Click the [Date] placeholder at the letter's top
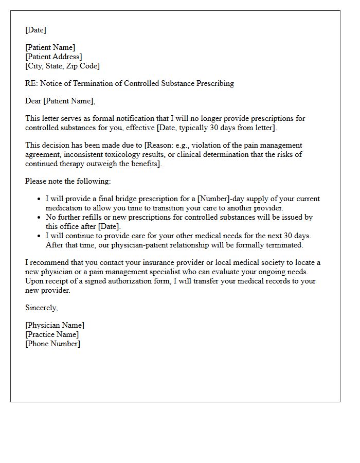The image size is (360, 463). coord(35,30)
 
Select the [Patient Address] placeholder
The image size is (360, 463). coord(53,57)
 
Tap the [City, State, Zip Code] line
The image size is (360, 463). coord(62,66)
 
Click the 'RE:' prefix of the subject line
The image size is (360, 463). coord(31,83)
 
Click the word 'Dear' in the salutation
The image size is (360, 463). coord(33,101)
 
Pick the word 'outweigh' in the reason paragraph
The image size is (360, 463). coord(115,164)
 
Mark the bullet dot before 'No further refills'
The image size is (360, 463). coord(39,217)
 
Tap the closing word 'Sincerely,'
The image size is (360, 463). coord(42,308)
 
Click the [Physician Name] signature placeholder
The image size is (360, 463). coord(55,325)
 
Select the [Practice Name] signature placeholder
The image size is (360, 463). coord(52,334)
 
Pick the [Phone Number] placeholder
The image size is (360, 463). coord(52,344)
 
